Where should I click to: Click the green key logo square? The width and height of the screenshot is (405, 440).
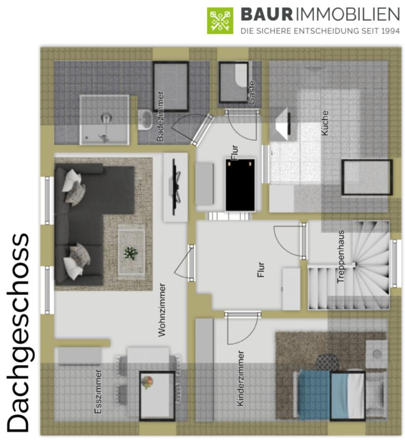pos(220,21)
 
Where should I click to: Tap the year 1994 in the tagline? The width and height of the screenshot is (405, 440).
pos(390,31)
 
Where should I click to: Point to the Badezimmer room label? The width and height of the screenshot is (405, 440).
pos(160,116)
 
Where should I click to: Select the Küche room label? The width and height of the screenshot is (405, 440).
pos(325,123)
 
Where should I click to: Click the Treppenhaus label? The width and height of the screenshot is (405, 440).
pos(341,257)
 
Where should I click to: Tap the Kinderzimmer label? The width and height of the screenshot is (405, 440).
pos(240,378)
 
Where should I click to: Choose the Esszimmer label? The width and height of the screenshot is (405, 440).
pos(98,391)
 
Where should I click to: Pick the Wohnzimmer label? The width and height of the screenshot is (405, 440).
pos(162,310)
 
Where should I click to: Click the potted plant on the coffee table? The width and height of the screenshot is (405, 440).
pos(131,253)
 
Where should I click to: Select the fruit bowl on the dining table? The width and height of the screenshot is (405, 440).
pos(147,383)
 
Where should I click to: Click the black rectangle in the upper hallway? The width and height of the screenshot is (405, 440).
pos(240,185)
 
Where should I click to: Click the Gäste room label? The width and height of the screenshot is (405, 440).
pos(251,93)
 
